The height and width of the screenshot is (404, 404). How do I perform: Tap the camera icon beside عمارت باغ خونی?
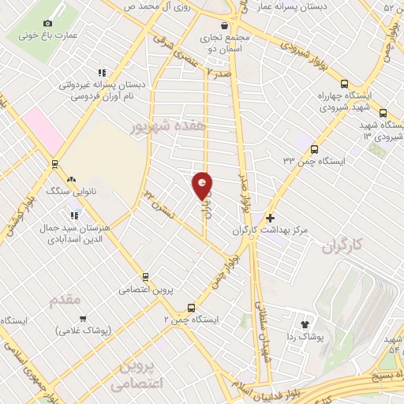click(50, 24)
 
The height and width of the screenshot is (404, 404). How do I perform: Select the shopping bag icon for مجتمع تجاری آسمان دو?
click(204, 24)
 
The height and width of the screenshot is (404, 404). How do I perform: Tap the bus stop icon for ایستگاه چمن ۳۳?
click(314, 148)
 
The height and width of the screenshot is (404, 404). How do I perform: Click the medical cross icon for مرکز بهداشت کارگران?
click(271, 217)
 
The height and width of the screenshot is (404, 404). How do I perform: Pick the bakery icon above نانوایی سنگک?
click(72, 179)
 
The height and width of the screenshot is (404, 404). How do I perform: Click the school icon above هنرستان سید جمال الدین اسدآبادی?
click(74, 214)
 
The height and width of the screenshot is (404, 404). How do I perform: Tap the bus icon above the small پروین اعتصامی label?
click(144, 277)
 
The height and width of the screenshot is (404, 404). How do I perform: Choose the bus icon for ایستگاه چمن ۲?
click(191, 308)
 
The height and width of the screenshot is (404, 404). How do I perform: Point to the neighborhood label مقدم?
click(65, 301)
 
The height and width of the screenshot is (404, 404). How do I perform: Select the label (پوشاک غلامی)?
click(83, 330)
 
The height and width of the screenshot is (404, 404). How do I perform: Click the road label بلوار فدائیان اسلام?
click(272, 384)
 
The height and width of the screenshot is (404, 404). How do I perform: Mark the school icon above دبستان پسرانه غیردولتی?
click(101, 72)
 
